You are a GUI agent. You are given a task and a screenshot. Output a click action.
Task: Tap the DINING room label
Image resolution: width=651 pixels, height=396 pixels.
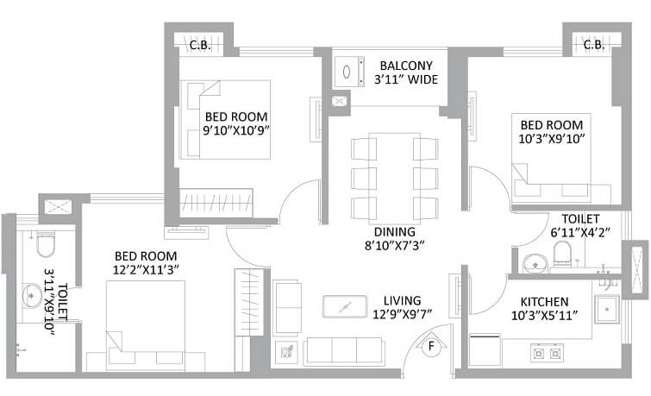(x=395, y=232)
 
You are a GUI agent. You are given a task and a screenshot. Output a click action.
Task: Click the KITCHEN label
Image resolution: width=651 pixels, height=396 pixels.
(x=543, y=301)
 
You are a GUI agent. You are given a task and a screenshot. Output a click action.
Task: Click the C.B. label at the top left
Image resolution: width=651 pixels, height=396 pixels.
(x=201, y=44)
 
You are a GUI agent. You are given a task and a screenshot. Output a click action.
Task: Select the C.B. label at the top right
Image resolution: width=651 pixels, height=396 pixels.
(x=592, y=44)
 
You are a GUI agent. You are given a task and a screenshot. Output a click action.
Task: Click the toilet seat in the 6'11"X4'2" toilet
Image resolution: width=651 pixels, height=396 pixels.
(x=561, y=254)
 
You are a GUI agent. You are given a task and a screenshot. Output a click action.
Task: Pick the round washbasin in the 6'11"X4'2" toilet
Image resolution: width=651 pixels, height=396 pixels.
(x=533, y=260)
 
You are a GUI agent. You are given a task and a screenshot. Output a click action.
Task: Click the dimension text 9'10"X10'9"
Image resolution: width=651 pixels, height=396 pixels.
(x=235, y=132)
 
